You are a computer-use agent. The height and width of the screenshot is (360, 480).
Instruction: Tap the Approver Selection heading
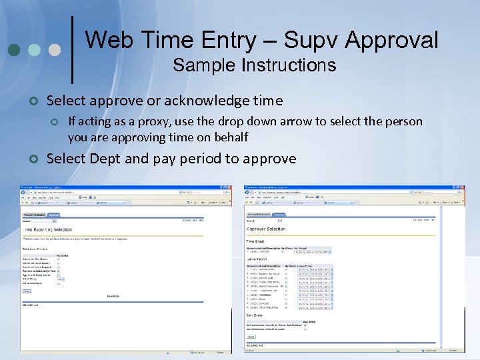click(x=267, y=229)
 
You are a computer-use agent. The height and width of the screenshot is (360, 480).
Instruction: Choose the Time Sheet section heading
click(x=255, y=241)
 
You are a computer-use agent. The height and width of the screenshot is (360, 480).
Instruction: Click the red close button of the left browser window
click(x=230, y=187)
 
